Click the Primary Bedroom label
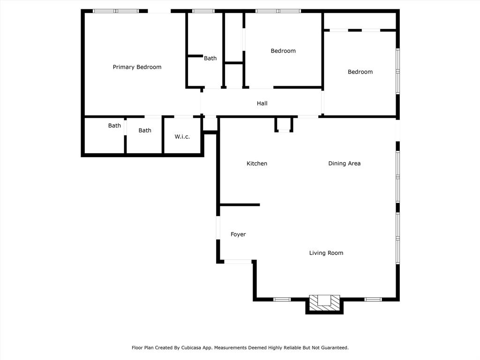click(x=137, y=67)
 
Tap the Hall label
click(x=262, y=104)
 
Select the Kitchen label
click(x=257, y=164)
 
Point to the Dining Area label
click(x=345, y=164)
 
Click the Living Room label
click(x=326, y=253)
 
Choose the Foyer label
click(x=238, y=234)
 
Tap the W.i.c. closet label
click(x=182, y=136)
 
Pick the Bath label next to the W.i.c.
click(x=145, y=130)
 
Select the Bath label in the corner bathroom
click(x=114, y=126)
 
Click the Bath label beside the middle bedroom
click(x=210, y=58)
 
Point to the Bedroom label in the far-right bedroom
click(x=360, y=72)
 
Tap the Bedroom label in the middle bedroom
click(x=283, y=51)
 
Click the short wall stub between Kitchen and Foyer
click(x=240, y=205)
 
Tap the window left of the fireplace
click(x=282, y=300)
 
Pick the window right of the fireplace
click(x=373, y=300)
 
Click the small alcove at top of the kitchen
click(x=284, y=125)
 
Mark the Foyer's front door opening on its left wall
click(x=218, y=228)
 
